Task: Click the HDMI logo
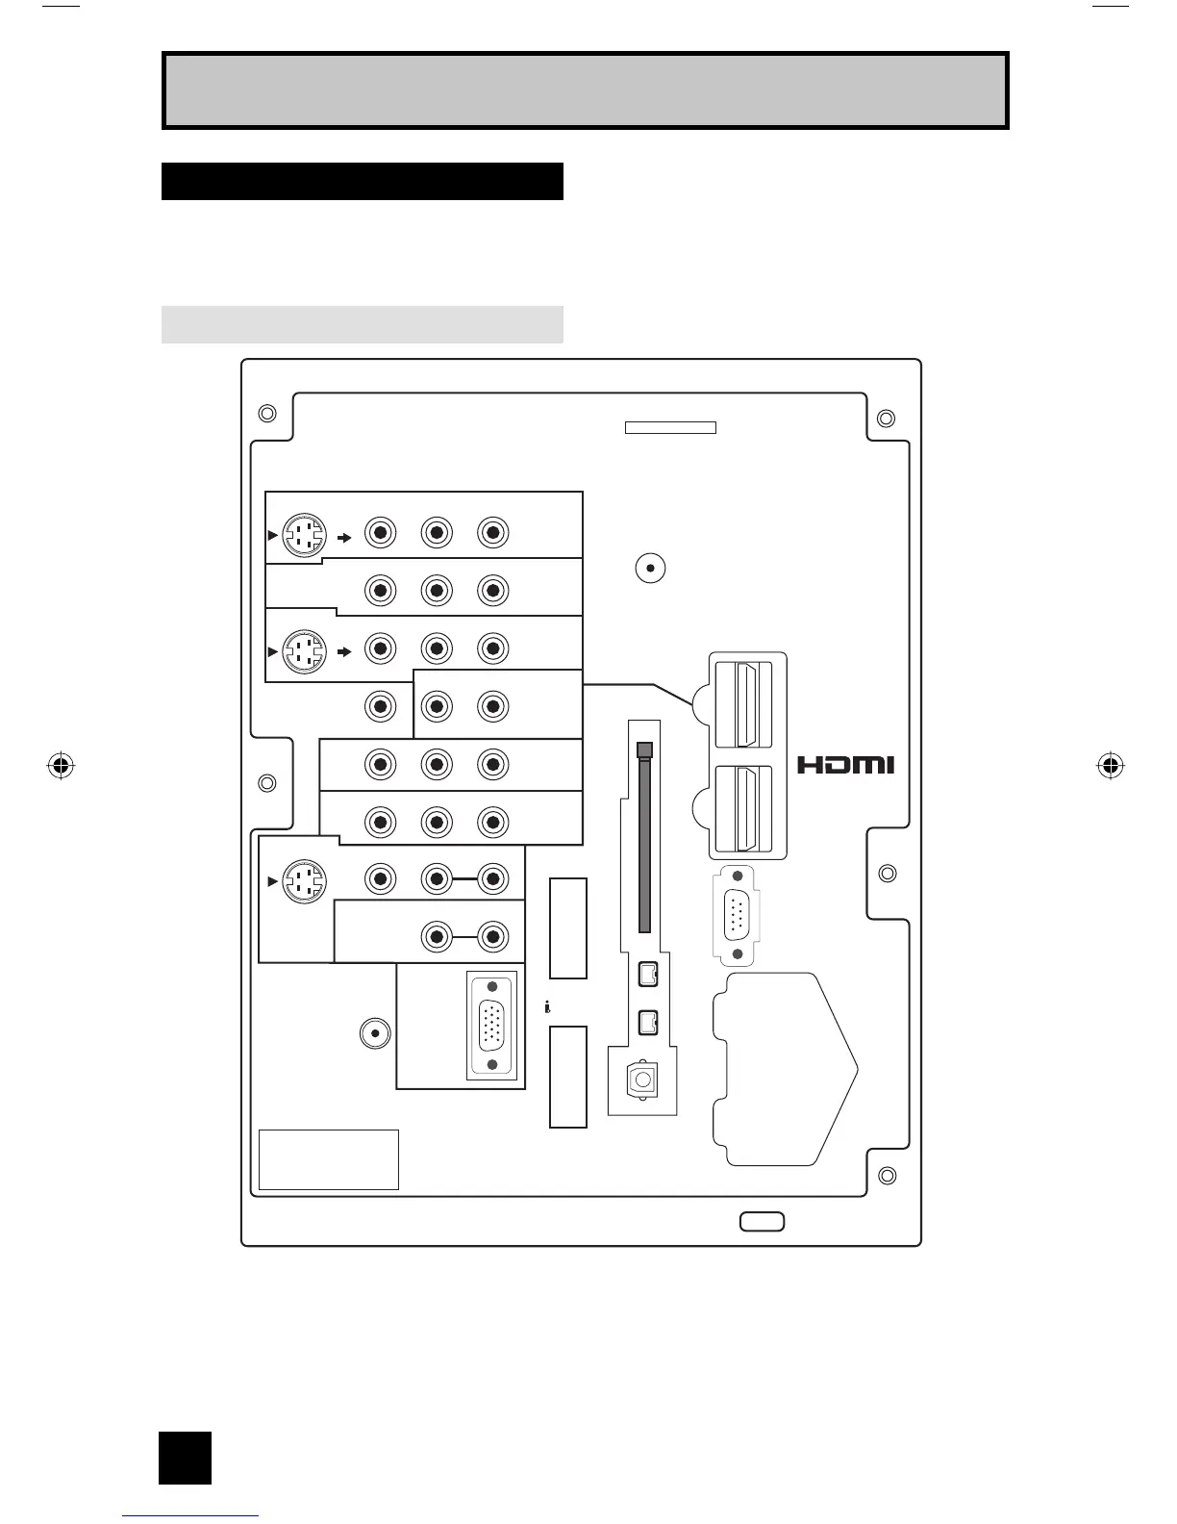846,765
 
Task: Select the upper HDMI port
746,704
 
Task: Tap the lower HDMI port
746,808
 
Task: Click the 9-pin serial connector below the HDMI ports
737,914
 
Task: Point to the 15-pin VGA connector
492,1026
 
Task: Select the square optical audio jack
641,1079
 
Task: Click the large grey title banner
585,90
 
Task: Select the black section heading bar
362,181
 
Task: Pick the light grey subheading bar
362,324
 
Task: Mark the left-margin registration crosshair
61,766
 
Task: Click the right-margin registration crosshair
1110,766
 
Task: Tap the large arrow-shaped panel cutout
784,1068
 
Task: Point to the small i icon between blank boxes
547,1007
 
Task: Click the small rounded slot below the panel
762,1222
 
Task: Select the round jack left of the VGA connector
374,1033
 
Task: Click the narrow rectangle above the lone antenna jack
670,427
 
